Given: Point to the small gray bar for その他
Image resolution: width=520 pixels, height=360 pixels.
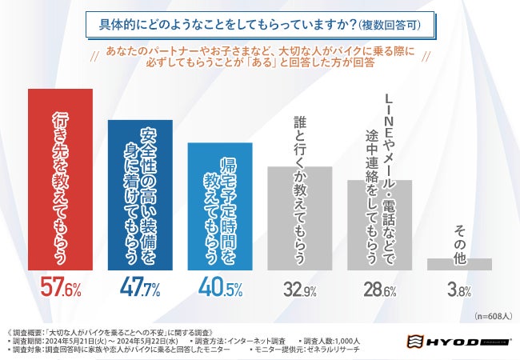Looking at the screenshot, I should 458,263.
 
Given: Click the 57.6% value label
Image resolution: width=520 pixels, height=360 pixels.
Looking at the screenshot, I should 61,288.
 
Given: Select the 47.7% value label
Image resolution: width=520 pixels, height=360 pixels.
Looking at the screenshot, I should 140,288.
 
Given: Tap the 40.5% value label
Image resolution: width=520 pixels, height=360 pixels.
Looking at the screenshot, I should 219,288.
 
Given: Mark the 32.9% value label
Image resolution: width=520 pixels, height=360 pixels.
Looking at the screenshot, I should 299,289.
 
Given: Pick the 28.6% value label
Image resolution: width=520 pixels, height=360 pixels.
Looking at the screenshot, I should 378,289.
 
